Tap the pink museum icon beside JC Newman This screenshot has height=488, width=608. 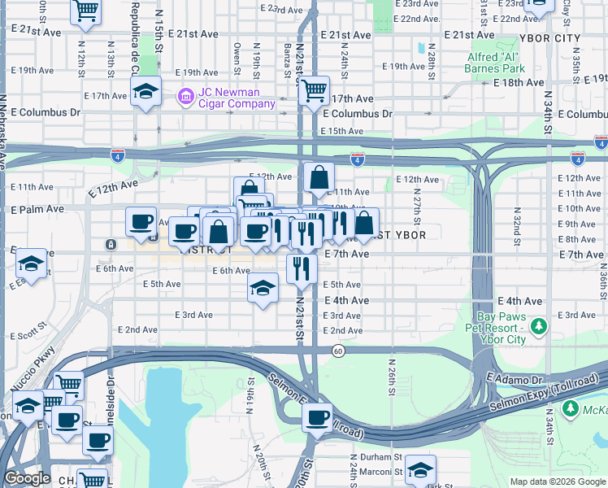click(x=185, y=98)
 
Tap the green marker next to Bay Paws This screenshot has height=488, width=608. click(x=537, y=327)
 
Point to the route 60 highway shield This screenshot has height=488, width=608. click(x=337, y=350)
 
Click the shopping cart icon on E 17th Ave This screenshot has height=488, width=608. click(x=314, y=90)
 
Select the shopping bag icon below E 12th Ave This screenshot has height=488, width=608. click(x=320, y=176)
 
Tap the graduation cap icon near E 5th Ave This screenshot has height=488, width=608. click(x=263, y=288)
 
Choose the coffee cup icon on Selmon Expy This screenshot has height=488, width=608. click(x=317, y=418)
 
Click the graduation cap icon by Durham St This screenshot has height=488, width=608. click(x=420, y=470)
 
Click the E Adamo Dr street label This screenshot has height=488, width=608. click(x=514, y=380)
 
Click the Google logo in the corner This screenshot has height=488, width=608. click(x=27, y=478)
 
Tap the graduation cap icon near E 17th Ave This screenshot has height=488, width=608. click(x=145, y=92)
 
